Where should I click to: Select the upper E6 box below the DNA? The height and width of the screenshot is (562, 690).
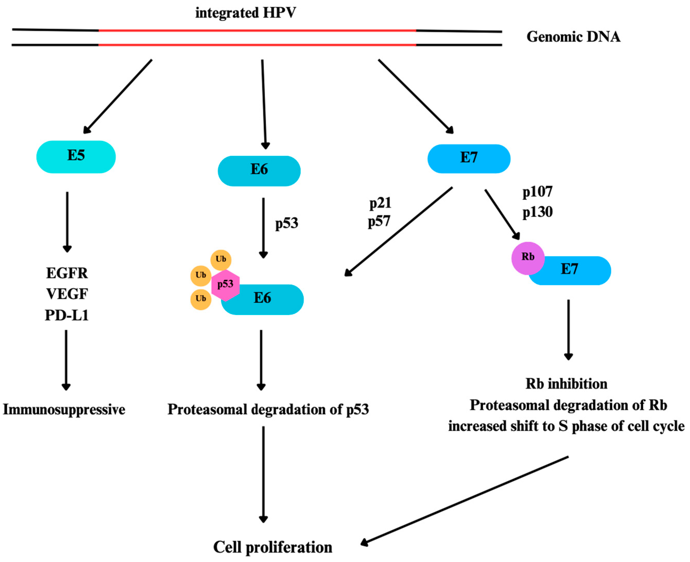click(x=259, y=171)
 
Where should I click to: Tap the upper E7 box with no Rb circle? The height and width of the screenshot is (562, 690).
click(x=469, y=159)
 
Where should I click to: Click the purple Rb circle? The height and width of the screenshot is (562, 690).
click(x=527, y=258)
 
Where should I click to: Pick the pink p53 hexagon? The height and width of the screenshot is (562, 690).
click(x=225, y=285)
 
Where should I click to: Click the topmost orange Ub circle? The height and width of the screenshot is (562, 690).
click(x=221, y=260)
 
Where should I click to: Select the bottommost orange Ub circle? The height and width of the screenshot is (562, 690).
click(x=201, y=299)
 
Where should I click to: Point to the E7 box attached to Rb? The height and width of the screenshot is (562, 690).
click(x=576, y=270)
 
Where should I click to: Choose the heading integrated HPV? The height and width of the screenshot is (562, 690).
click(x=245, y=13)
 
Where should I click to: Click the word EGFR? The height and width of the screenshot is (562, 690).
click(x=67, y=273)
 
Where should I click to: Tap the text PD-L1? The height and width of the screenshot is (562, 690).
click(x=67, y=315)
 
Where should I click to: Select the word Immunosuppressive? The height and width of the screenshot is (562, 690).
click(x=64, y=410)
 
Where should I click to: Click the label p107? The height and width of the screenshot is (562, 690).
click(x=537, y=192)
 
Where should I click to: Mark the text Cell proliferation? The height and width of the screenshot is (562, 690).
click(x=272, y=547)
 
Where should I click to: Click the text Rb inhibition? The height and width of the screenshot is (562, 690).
click(x=566, y=384)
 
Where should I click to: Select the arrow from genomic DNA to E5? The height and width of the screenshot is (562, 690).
click(x=118, y=96)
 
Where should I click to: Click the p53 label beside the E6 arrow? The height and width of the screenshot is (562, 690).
click(x=286, y=223)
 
